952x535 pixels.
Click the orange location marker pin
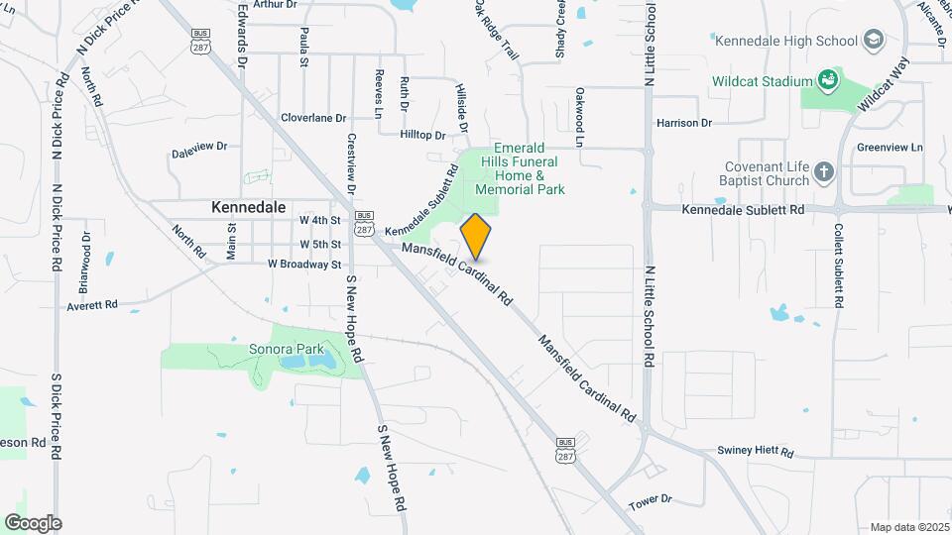coord(476,236)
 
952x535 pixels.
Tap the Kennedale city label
coord(248,208)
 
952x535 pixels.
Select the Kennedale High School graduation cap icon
coord(873,41)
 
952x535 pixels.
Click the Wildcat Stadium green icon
coord(827,79)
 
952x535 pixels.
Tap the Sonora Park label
coord(286,350)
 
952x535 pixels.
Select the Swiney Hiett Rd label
coord(756,452)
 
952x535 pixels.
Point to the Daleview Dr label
coord(199,147)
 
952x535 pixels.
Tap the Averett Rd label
coord(92,305)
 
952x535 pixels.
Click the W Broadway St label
coord(303,265)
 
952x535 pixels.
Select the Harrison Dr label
coord(684,123)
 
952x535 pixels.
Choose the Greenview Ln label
coord(890,148)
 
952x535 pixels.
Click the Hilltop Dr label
coord(423,135)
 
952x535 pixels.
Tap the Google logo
coord(33,523)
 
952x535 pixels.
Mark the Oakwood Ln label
coord(579,118)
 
